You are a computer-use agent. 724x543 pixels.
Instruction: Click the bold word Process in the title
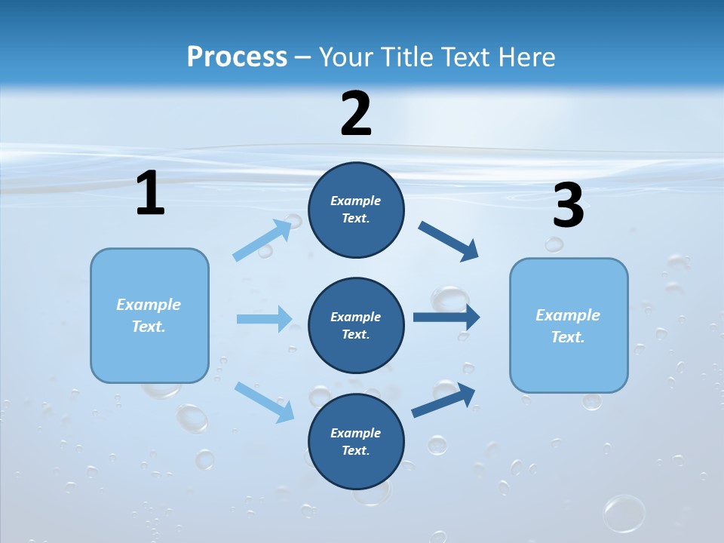point(237,57)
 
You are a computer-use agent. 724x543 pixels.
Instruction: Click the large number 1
point(150,194)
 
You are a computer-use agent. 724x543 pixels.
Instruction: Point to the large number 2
point(356,114)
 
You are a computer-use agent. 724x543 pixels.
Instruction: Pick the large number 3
point(568,206)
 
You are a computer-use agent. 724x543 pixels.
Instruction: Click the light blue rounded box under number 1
point(149,315)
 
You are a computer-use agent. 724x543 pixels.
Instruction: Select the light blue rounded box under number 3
point(569,325)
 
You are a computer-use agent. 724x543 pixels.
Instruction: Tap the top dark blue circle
point(356,210)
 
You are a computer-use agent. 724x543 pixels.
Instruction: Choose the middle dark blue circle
point(356,325)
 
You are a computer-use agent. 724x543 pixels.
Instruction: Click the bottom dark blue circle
point(356,441)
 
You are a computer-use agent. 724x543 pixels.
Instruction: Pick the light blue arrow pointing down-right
point(264,401)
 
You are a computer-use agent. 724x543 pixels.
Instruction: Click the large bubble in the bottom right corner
point(624,513)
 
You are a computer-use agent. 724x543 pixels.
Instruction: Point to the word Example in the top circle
point(356,201)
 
